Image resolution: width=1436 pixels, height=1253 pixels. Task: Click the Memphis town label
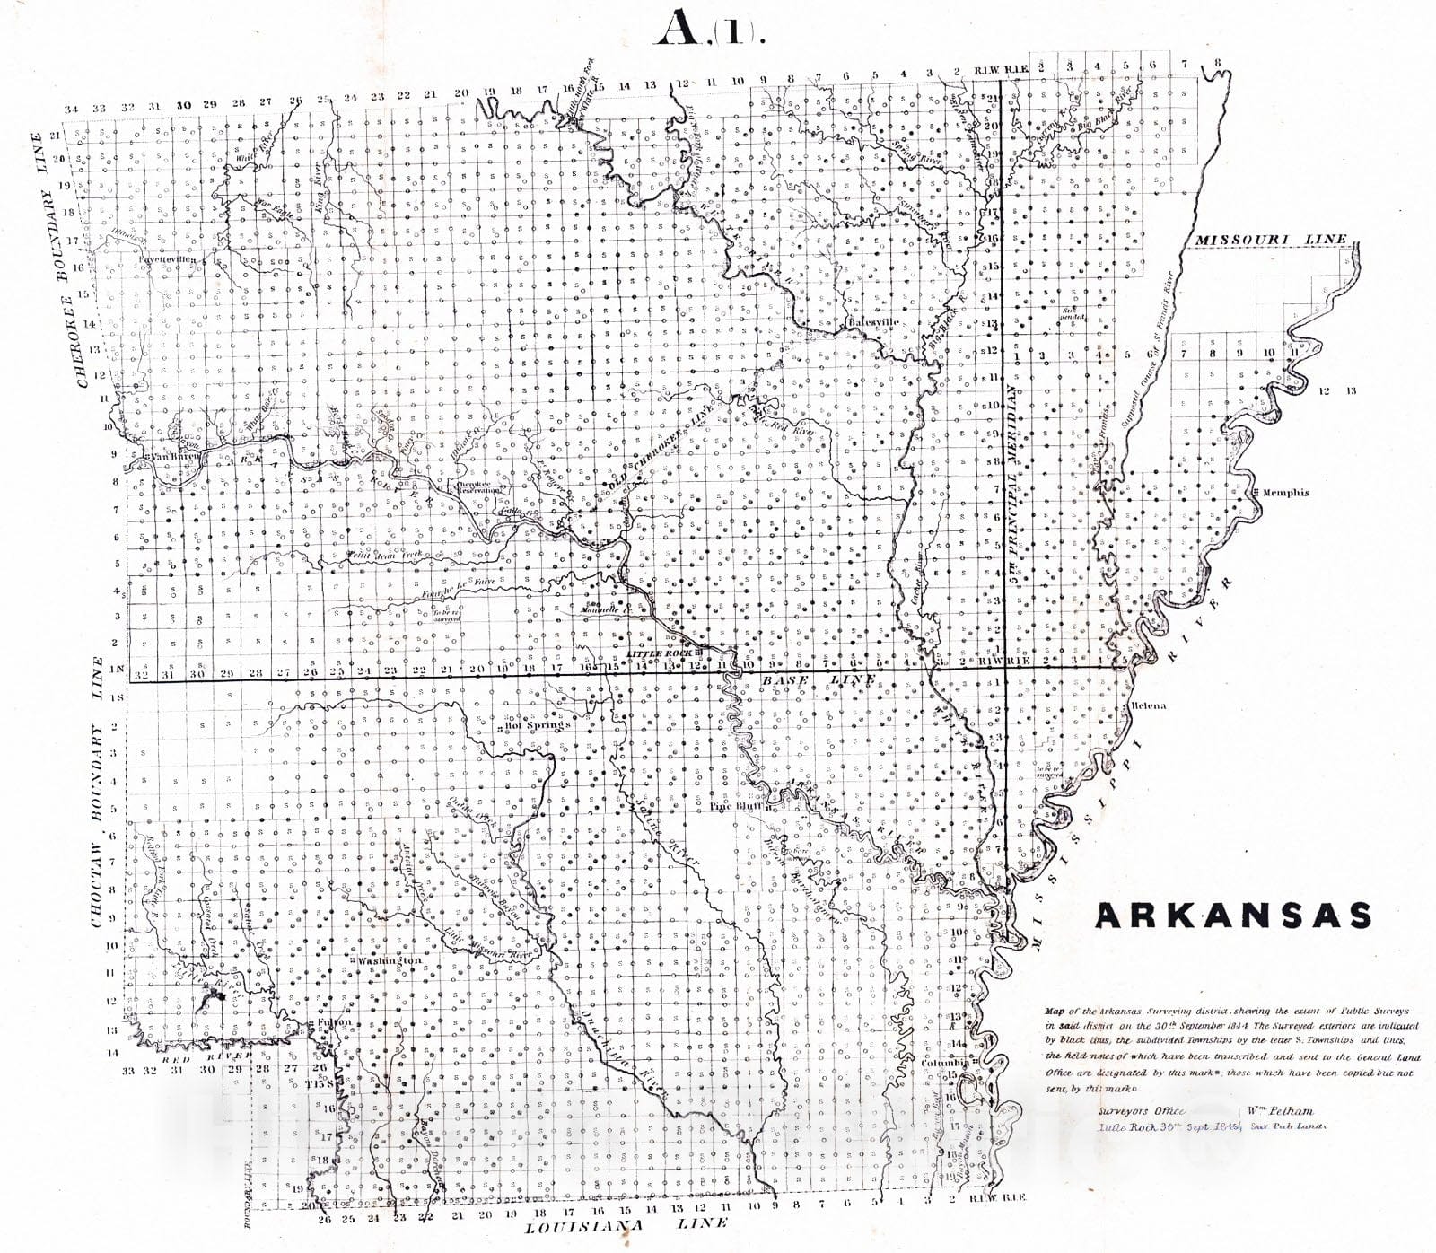pyautogui.click(x=1285, y=493)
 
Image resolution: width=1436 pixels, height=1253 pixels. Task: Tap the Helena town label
pyautogui.click(x=1148, y=705)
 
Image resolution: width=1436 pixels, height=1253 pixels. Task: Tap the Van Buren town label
pyautogui.click(x=172, y=456)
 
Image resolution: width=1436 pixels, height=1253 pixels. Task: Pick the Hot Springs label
pyautogui.click(x=538, y=724)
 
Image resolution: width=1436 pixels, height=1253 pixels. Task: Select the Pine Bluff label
pyautogui.click(x=734, y=806)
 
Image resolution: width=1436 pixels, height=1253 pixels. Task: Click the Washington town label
pyautogui.click(x=389, y=960)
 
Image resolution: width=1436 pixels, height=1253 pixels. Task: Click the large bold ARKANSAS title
pyautogui.click(x=1233, y=916)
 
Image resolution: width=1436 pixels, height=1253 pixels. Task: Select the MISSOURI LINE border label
pyautogui.click(x=1270, y=239)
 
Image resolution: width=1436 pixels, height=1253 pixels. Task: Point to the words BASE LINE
pyautogui.click(x=817, y=681)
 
